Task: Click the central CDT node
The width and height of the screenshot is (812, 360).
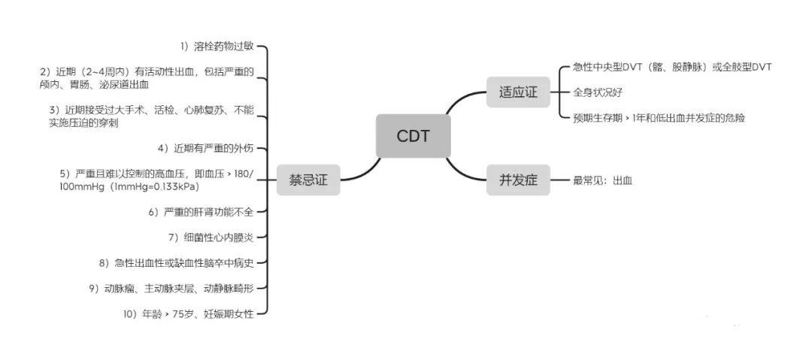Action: point(413,136)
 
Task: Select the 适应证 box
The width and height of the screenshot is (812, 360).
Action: point(518,92)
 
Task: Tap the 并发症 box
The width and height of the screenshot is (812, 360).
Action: point(518,180)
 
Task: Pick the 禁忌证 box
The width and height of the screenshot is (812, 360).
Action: point(308,180)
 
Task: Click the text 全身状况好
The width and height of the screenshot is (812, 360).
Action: point(598,92)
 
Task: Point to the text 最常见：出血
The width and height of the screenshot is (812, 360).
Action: point(603,180)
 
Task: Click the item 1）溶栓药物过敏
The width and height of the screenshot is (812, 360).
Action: point(217,47)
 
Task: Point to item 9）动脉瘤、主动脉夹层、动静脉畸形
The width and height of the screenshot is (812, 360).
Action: point(171,288)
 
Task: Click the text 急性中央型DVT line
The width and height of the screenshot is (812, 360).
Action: point(672,67)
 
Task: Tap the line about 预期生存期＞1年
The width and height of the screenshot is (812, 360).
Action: point(659,118)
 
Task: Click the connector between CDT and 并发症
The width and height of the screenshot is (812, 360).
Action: point(467,170)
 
